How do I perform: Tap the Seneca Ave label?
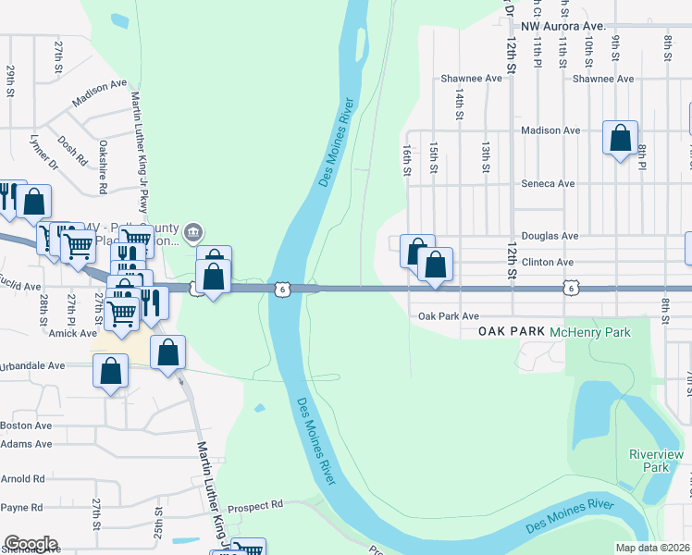(549, 183)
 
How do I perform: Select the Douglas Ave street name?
(550, 236)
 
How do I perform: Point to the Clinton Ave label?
(548, 263)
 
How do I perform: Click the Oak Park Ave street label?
(449, 316)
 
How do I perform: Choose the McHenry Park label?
(589, 331)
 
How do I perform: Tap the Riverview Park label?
(656, 461)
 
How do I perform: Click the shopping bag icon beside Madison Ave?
(620, 139)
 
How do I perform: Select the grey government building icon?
(192, 231)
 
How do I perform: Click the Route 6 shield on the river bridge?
(280, 290)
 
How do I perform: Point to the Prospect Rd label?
(254, 506)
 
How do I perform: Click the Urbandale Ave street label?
(32, 365)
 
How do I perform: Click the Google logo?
(31, 544)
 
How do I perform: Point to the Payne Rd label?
(22, 507)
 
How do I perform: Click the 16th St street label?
(405, 158)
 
